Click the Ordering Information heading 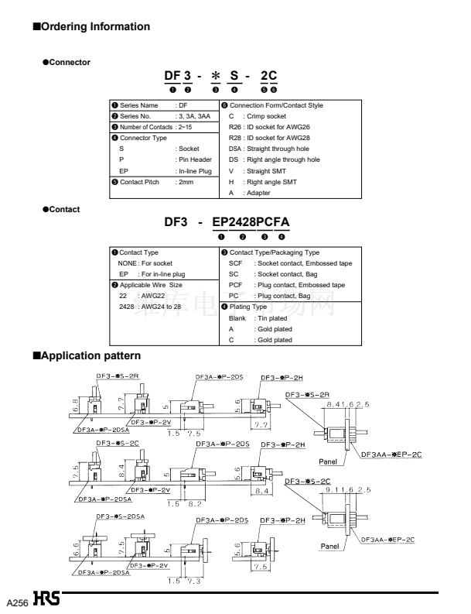[90, 27]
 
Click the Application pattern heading [86, 356]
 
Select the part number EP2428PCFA [251, 223]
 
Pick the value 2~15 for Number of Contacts [189, 126]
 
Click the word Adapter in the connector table [258, 192]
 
